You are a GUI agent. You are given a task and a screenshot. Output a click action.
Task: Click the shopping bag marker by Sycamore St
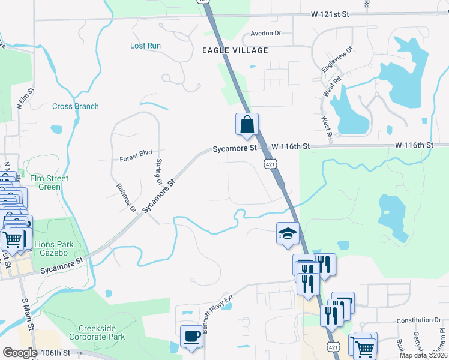click(247, 125)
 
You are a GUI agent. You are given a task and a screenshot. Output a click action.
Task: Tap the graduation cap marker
click(288, 233)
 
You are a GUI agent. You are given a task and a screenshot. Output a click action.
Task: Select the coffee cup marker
click(191, 336)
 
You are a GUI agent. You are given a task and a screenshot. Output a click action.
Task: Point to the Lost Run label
click(145, 46)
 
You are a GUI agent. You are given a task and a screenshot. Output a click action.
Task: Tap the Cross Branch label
click(75, 106)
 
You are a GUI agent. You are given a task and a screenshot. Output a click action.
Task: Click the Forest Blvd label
click(136, 153)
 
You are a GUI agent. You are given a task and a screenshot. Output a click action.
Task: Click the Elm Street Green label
click(49, 182)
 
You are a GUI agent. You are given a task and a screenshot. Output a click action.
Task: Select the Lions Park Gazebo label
click(55, 248)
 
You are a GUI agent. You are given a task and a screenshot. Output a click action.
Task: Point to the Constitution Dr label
click(419, 320)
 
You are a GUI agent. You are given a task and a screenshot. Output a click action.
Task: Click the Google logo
click(20, 353)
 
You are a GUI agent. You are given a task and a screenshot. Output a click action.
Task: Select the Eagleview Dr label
click(337, 61)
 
